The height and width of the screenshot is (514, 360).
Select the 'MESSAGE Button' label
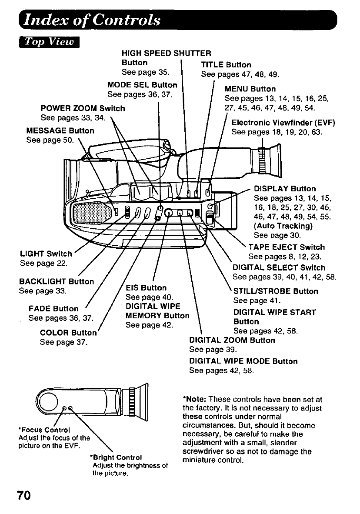[x=60, y=130]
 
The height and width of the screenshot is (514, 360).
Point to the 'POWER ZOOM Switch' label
[x=83, y=108]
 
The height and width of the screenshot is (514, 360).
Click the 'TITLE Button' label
[x=226, y=65]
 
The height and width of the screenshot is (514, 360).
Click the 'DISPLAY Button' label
[x=285, y=189]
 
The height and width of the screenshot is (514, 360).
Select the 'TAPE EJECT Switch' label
[x=287, y=247]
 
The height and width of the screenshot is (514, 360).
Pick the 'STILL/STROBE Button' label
[x=276, y=291]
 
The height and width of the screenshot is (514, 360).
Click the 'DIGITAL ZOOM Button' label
[x=232, y=340]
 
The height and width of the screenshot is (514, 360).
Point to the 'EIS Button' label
[x=146, y=288]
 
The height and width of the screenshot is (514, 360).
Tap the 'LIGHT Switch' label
[x=46, y=254]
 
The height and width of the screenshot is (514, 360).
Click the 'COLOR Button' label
[x=68, y=333]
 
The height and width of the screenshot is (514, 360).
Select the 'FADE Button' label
[x=53, y=309]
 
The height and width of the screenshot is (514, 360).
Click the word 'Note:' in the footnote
[x=194, y=399]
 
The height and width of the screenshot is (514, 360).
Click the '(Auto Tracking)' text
[x=283, y=226]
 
